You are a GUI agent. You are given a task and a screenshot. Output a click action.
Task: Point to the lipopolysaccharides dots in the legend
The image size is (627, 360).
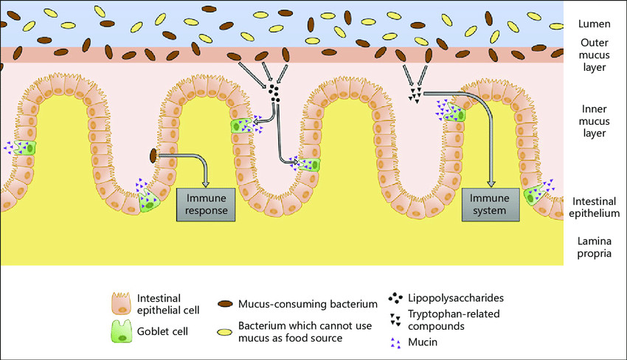(x=395, y=299)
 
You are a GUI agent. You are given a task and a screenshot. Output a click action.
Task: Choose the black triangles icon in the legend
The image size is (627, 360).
(x=395, y=317)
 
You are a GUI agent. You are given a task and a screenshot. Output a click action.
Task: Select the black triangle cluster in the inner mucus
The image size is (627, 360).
(x=416, y=94)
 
